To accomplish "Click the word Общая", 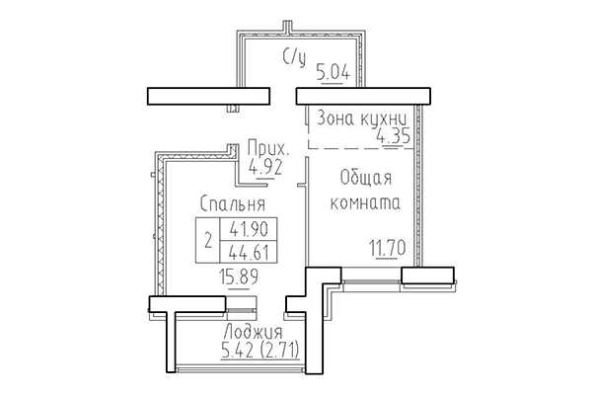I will (x=365, y=179).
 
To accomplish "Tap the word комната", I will (x=365, y=204).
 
